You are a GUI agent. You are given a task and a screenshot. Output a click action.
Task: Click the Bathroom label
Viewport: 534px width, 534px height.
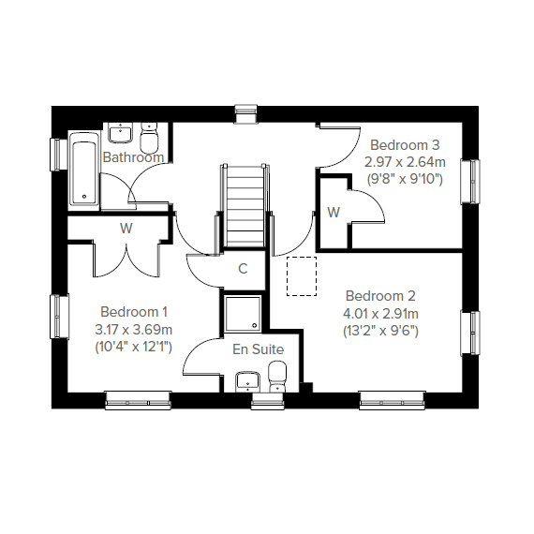(133, 157)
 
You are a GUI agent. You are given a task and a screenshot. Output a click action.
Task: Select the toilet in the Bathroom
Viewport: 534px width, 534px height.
(150, 139)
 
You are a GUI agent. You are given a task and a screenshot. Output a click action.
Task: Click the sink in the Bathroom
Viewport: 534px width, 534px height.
(121, 133)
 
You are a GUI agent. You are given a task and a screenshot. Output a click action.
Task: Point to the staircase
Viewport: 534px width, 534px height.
(245, 205)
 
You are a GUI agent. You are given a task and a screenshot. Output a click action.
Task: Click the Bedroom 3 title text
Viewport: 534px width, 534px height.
(405, 145)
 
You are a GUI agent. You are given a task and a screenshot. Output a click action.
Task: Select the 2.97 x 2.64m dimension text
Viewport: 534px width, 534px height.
(405, 162)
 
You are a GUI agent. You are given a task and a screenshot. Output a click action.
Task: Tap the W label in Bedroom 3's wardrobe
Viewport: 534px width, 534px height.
(334, 213)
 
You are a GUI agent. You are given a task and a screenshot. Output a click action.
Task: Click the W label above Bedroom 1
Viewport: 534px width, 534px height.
(126, 229)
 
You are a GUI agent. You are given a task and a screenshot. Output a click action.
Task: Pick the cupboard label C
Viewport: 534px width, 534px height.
(243, 269)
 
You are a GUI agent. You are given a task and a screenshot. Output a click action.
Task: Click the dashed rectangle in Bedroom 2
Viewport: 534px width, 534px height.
(302, 276)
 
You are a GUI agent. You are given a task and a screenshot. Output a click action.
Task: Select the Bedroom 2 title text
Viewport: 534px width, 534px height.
(380, 296)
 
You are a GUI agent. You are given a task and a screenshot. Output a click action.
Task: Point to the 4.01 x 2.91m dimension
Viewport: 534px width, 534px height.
(380, 314)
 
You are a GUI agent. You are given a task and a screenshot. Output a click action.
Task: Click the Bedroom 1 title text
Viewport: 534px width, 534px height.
(134, 312)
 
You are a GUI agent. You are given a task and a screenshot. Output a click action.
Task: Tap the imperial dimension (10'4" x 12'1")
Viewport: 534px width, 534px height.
(133, 347)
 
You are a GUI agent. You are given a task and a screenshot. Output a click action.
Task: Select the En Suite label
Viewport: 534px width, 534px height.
(259, 349)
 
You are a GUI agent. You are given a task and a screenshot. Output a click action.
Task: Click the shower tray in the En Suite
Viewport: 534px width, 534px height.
(244, 313)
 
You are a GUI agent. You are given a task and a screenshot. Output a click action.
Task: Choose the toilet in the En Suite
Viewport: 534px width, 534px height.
(277, 377)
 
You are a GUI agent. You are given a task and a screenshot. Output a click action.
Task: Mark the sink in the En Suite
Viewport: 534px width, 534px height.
(248, 382)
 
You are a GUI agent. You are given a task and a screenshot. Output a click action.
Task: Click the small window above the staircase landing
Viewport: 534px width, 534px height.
(245, 113)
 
